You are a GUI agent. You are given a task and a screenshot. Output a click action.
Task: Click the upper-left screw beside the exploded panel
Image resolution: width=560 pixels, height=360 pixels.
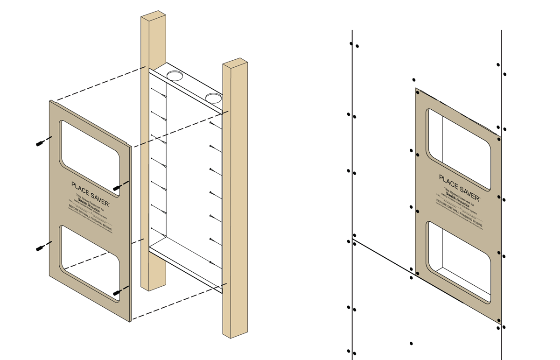pos(41,143)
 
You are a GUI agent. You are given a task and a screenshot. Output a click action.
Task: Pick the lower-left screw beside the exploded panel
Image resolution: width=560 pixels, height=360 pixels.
pos(41,247)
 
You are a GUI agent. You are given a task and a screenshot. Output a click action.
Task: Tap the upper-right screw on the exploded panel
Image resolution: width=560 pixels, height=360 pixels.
pos(118,187)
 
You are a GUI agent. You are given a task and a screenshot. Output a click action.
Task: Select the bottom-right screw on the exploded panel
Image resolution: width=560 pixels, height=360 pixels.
pos(118,292)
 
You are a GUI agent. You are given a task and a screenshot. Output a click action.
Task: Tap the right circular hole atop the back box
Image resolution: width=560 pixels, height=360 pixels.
pos(213,98)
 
